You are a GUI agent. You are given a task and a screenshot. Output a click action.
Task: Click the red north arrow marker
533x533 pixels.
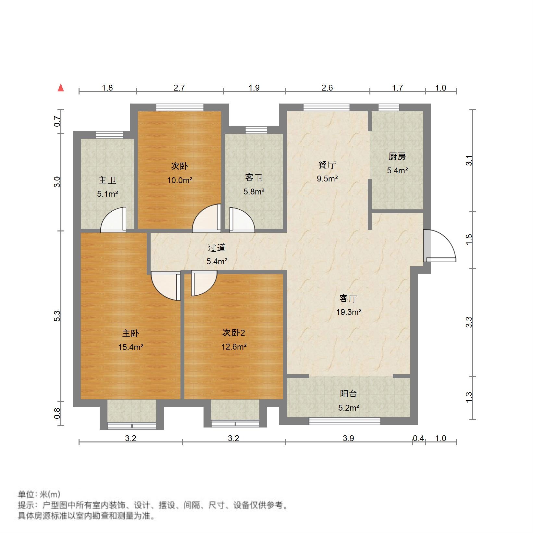click(x=61, y=88)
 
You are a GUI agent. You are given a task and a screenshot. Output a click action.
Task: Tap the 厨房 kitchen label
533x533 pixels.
click(x=397, y=157)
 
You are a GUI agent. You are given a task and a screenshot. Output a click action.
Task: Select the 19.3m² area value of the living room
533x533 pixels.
click(x=349, y=312)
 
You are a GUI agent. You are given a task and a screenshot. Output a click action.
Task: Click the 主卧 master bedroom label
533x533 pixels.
click(x=130, y=333)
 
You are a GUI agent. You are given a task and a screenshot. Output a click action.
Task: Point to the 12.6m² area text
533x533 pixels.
click(x=234, y=347)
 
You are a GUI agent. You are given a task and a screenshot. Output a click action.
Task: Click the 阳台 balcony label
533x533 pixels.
click(x=348, y=394)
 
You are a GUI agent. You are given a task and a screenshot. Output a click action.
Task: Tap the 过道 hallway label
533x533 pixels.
click(x=217, y=248)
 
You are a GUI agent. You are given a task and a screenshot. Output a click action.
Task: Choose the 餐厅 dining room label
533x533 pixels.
click(x=327, y=165)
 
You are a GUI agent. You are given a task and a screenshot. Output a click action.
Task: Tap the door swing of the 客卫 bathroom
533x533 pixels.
click(x=242, y=220)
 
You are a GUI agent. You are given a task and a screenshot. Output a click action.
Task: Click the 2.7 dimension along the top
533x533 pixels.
click(x=179, y=88)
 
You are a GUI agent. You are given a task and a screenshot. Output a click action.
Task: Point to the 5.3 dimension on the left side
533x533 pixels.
click(x=57, y=316)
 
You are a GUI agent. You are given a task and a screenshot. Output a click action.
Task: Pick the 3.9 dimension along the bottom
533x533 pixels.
click(x=348, y=439)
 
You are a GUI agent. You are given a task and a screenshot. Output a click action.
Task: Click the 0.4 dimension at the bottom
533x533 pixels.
click(x=418, y=439)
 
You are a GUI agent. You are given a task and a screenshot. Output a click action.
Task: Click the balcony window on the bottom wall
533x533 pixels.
click(x=344, y=421)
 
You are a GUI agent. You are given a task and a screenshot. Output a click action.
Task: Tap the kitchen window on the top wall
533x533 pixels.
click(x=389, y=107)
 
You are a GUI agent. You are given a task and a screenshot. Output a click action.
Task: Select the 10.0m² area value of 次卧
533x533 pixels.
click(x=180, y=180)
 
